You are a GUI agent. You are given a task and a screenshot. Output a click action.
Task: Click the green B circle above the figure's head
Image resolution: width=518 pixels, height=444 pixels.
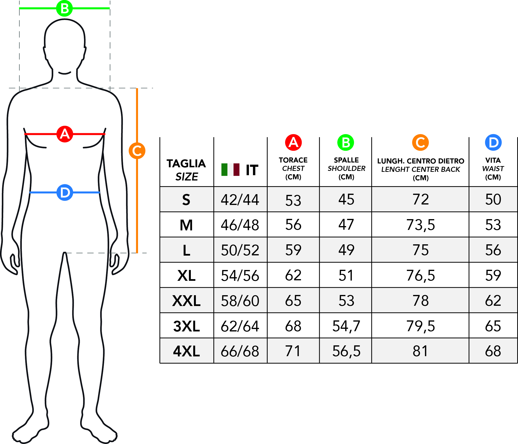pos(65,8)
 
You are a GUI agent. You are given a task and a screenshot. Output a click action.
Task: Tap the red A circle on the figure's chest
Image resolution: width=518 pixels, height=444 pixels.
pos(65,134)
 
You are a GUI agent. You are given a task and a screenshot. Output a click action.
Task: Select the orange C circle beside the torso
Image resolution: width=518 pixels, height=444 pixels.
pos(137,151)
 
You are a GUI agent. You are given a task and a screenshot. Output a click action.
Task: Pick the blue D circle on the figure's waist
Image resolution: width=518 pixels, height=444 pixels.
pos(65,192)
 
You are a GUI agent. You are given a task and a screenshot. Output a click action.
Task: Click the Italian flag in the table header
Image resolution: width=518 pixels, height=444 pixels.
pos(230,170)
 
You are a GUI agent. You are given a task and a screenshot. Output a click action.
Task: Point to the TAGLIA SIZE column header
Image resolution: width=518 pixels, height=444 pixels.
pos(186,170)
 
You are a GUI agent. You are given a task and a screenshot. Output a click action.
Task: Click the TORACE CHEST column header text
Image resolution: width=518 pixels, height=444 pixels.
pos(293,168)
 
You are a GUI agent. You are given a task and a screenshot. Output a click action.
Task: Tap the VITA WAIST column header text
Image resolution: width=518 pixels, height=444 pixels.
pos(493,168)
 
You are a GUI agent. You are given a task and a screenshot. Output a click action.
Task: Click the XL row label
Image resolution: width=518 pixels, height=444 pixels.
pos(186,276)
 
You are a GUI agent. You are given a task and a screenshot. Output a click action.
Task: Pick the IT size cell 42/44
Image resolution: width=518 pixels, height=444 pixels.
pos(240,200)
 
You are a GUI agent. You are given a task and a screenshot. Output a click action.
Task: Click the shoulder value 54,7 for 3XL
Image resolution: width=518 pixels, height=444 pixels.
pos(346,326)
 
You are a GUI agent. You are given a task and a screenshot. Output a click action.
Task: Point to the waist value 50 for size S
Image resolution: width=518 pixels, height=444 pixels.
pos(493,199)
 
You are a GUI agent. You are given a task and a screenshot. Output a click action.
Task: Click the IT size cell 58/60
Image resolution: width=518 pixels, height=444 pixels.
pos(240,301)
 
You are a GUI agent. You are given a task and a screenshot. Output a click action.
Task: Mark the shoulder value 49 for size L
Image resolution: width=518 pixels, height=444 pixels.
pos(346,250)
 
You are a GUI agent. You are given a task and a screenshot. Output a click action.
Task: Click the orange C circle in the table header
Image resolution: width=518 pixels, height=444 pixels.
pos(421,143)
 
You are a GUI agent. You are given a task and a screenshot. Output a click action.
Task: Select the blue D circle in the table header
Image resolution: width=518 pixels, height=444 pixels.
pos(493,143)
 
